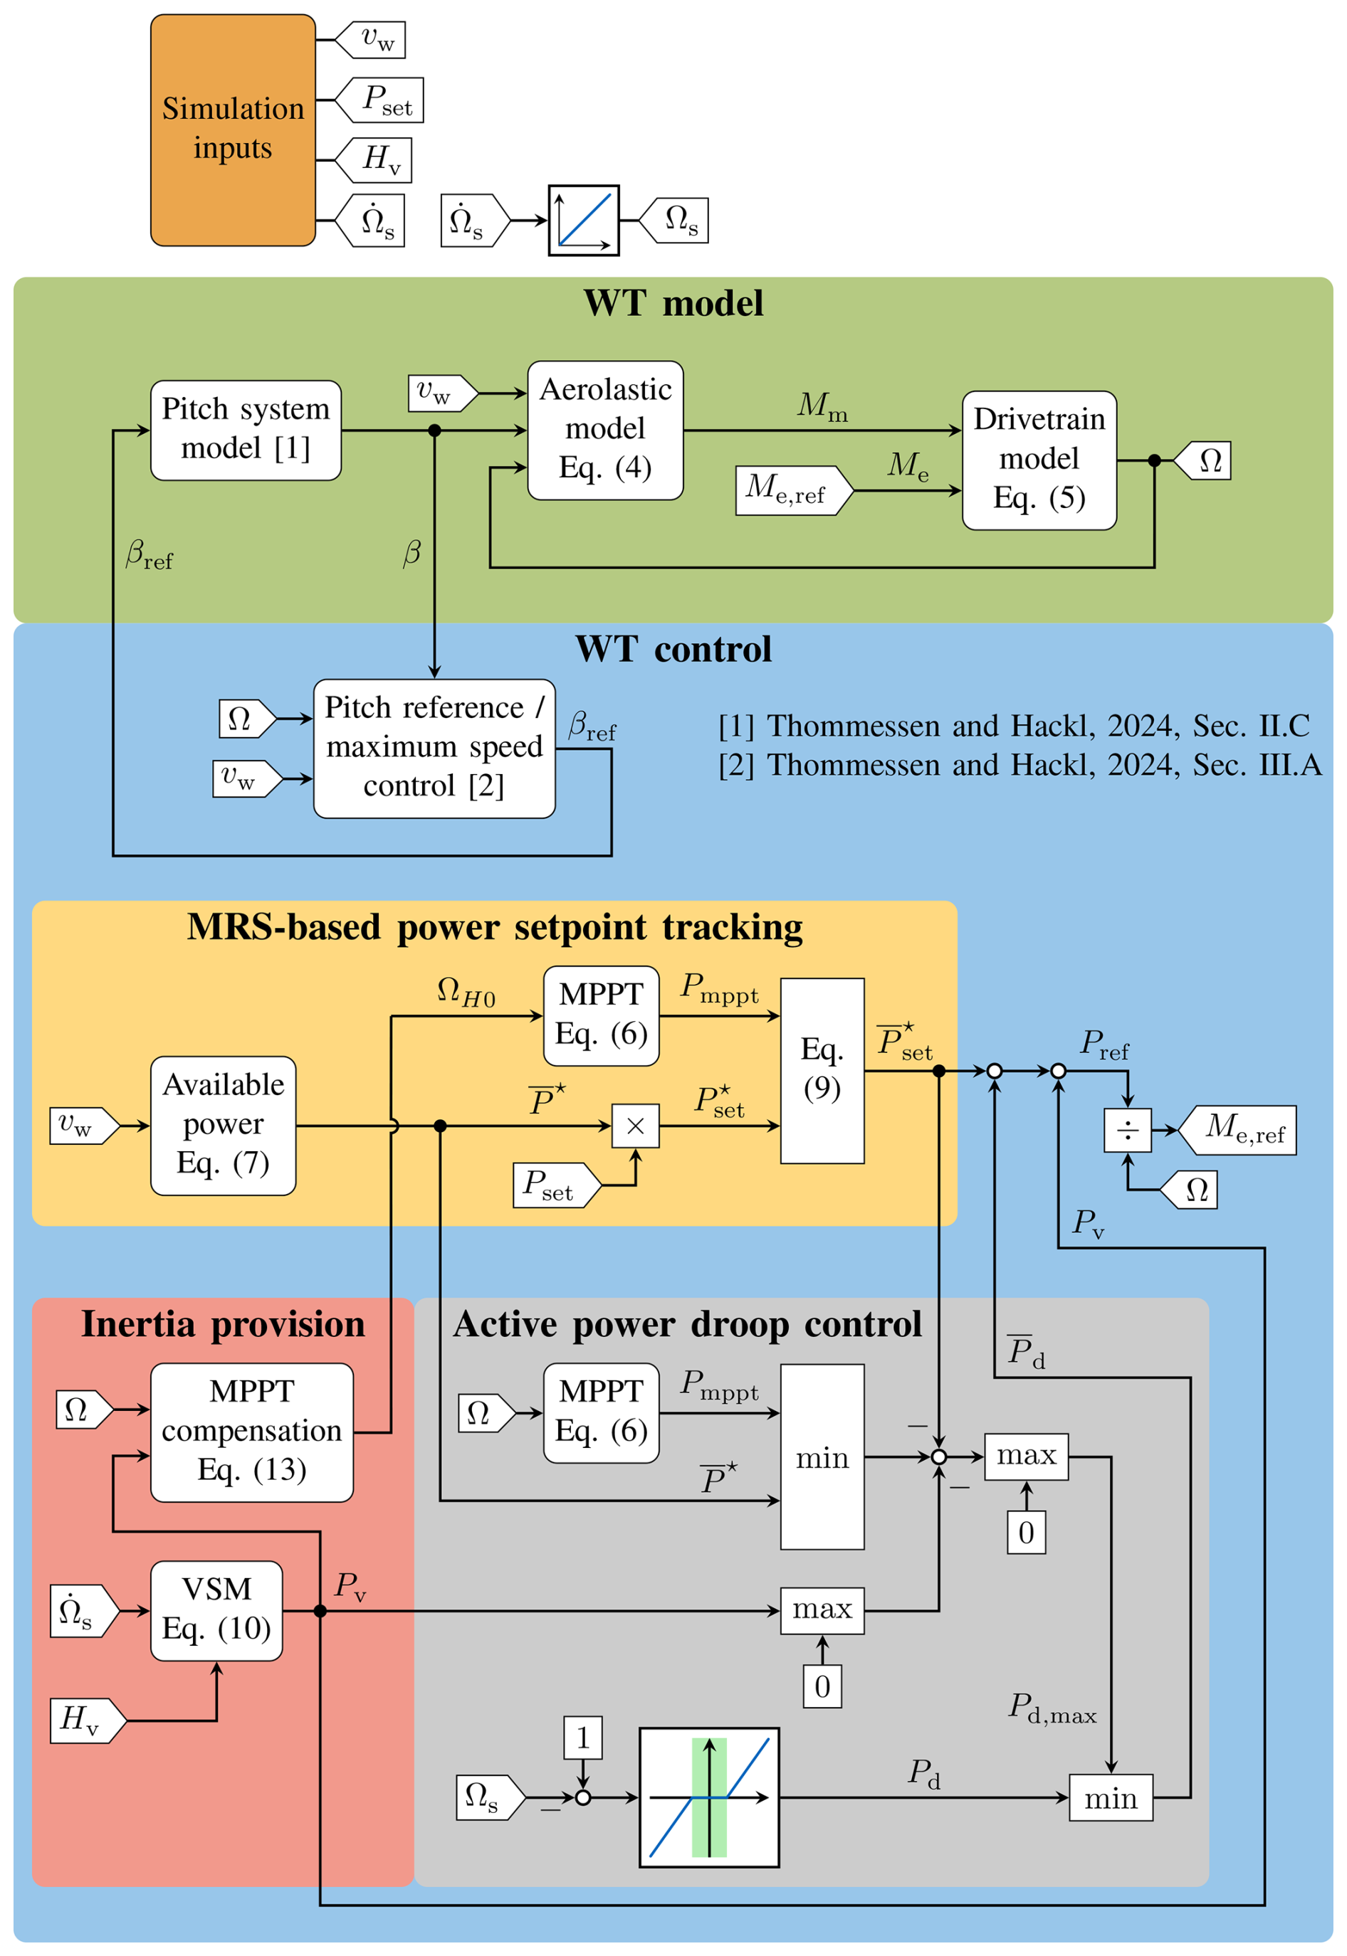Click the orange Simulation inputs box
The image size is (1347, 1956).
point(233,130)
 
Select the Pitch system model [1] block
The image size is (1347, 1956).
point(246,430)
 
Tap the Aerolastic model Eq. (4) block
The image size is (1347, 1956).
point(605,430)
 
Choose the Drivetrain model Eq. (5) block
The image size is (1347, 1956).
point(1039,460)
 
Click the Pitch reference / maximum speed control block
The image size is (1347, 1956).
point(434,748)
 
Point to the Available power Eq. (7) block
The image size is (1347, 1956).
point(223,1125)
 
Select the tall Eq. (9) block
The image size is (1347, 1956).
point(822,1070)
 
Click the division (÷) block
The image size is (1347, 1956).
point(1128,1130)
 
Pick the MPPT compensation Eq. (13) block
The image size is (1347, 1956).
point(251,1432)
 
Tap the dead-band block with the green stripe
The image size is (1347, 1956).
point(709,1797)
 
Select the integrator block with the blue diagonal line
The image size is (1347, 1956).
point(584,220)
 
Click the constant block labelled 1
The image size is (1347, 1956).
point(582,1738)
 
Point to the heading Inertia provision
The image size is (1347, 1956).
point(223,1324)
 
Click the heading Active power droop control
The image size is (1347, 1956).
point(687,1324)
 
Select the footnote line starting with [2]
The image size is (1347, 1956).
point(1020,765)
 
